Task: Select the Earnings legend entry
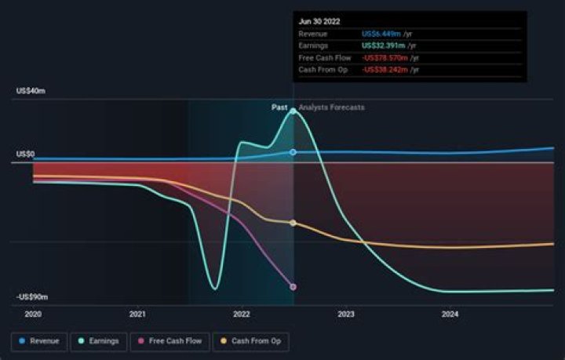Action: pyautogui.click(x=99, y=341)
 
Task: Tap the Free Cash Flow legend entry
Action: pyautogui.click(x=169, y=341)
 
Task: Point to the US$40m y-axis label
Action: pyautogui.click(x=31, y=91)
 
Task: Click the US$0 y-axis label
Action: pyautogui.click(x=25, y=155)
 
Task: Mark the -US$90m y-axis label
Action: pyautogui.click(x=32, y=297)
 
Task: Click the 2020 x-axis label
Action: pyautogui.click(x=33, y=315)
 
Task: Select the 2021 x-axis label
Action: pyautogui.click(x=137, y=315)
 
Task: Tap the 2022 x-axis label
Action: pyautogui.click(x=241, y=315)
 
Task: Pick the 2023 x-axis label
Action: pyautogui.click(x=346, y=315)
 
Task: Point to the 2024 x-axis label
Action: pyautogui.click(x=450, y=315)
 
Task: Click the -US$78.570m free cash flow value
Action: pyautogui.click(x=386, y=58)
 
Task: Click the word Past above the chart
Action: pyautogui.click(x=279, y=107)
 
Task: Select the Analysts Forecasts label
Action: pyautogui.click(x=331, y=107)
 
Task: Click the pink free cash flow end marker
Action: pyautogui.click(x=293, y=287)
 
